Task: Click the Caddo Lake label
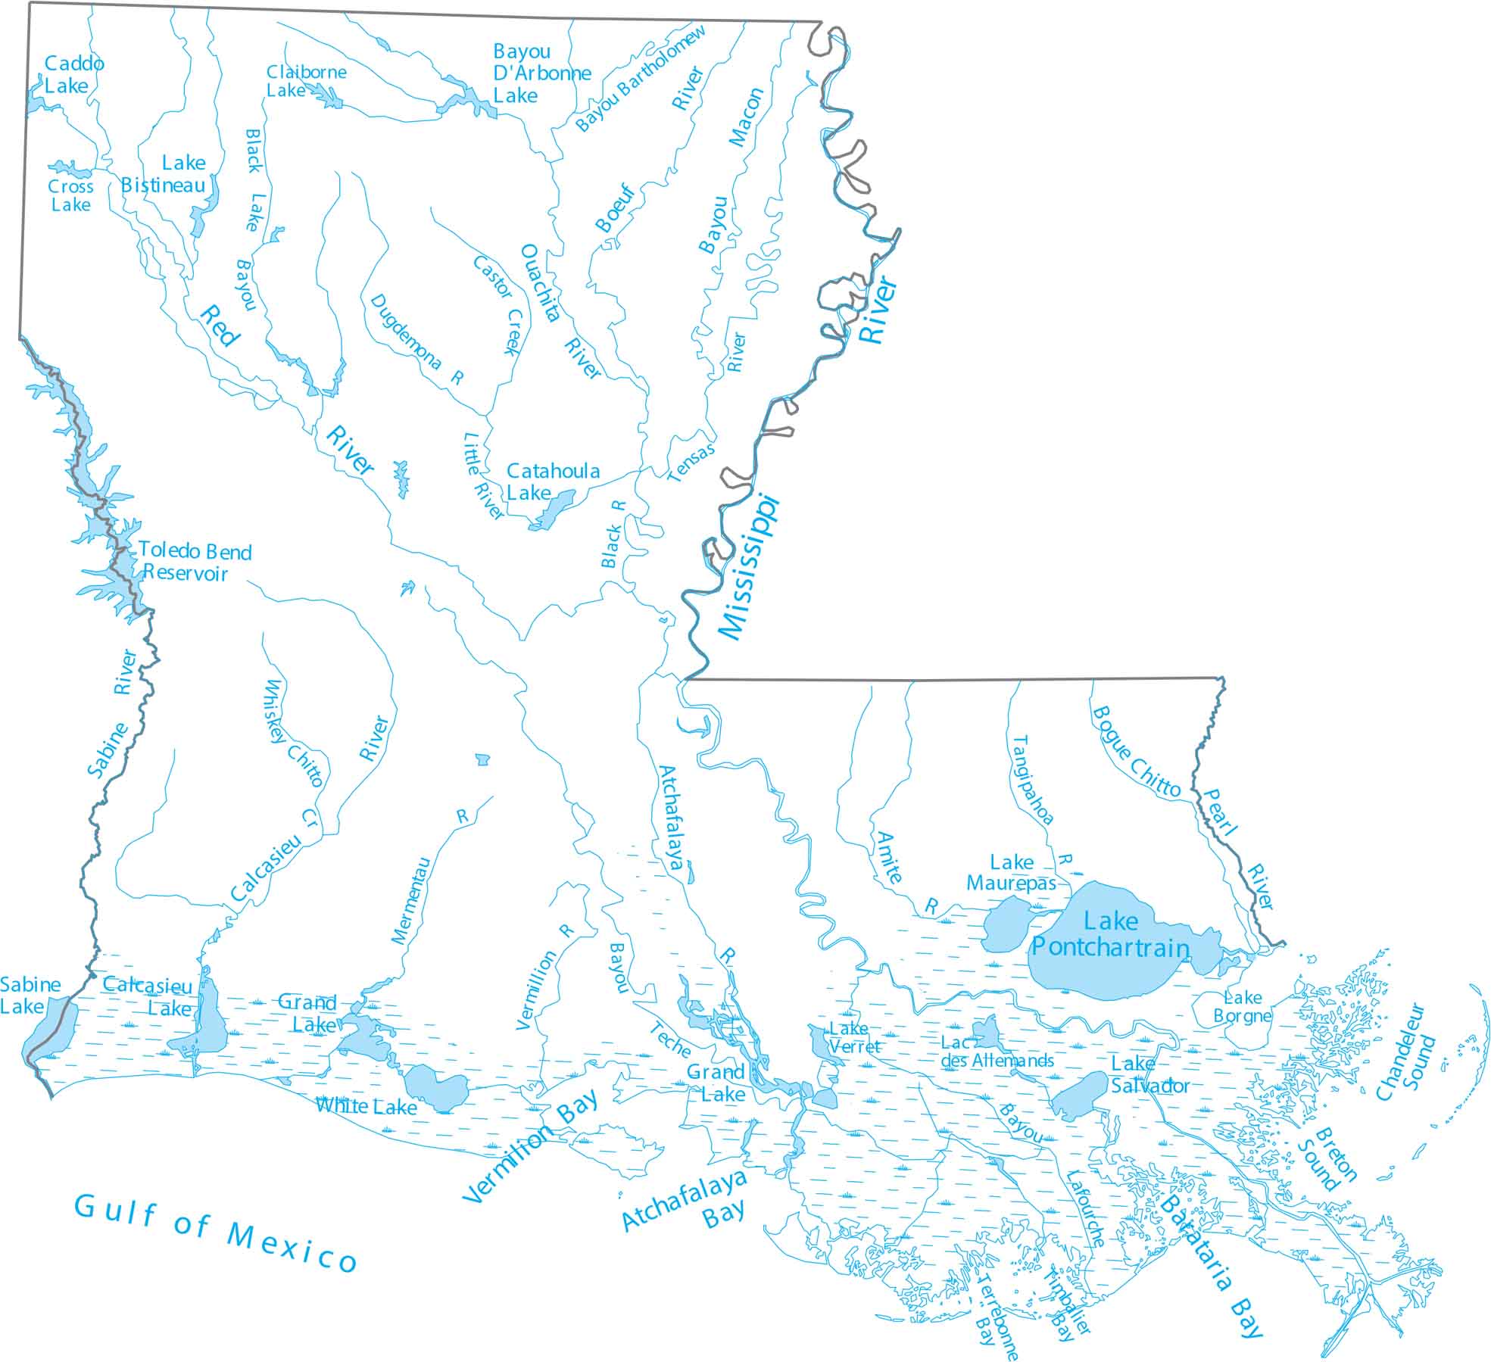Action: click(73, 74)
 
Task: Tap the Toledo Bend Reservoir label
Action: click(194, 562)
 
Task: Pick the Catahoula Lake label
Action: click(552, 482)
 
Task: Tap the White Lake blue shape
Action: click(437, 1088)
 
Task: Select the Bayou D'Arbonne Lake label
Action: click(541, 73)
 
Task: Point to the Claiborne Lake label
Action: click(305, 81)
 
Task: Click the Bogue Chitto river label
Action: click(1135, 752)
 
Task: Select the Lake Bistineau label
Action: click(164, 174)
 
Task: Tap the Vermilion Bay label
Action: click(530, 1149)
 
